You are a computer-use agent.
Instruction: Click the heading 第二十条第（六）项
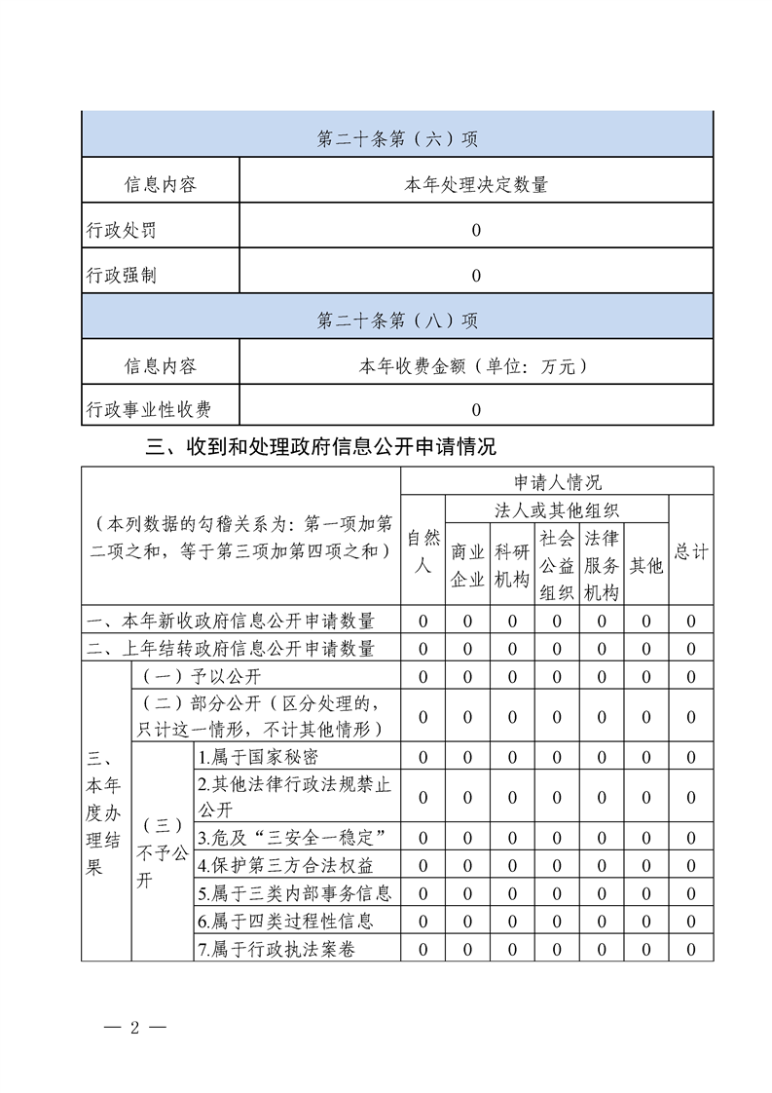pos(397,139)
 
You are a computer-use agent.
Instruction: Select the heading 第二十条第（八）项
pos(397,320)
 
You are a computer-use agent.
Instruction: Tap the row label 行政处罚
pos(121,231)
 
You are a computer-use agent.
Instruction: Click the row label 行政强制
pos(121,276)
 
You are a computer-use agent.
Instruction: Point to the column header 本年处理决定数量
pos(476,184)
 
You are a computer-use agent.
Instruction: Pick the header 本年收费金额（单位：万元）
pos(476,366)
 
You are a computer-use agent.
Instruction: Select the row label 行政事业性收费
pos(149,410)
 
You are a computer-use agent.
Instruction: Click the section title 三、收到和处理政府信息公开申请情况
pos(321,447)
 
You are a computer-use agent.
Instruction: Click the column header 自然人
pos(423,551)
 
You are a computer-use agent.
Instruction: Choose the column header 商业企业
pos(467,566)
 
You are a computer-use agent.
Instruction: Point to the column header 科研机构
pos(512,566)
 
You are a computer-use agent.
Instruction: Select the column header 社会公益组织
pos(557,566)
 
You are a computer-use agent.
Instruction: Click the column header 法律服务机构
pos(602,566)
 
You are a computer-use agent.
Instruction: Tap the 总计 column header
pos(691,551)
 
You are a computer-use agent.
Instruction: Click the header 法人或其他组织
pos(557,509)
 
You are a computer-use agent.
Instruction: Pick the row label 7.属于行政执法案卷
pos(275,949)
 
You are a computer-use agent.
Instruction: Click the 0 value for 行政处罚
pos(476,231)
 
